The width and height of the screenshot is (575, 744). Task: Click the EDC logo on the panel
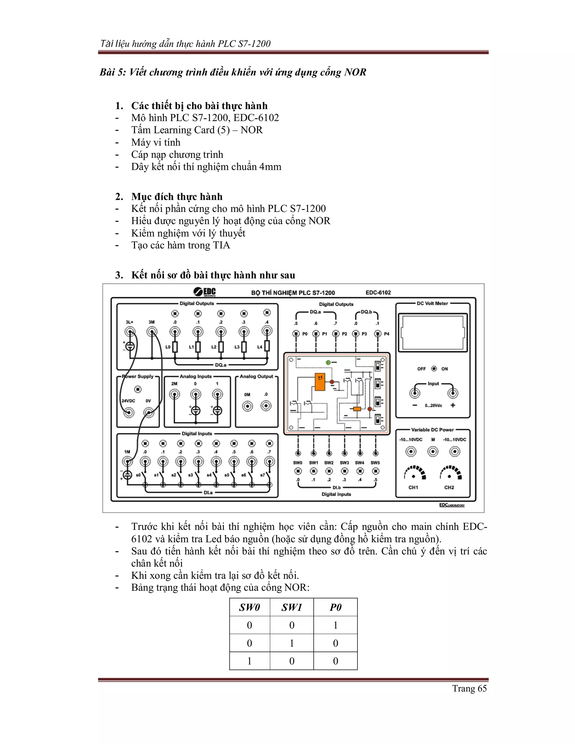[205, 292]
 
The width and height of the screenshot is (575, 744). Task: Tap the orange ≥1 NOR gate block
[320, 382]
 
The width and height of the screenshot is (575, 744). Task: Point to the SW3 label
[344, 463]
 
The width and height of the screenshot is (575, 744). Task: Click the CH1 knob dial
[414, 474]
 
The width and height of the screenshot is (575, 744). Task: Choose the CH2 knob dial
[450, 474]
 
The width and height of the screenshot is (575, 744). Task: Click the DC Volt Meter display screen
[433, 332]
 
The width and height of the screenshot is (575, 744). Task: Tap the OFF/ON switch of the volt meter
[433, 369]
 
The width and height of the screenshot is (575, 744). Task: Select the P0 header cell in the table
[335, 607]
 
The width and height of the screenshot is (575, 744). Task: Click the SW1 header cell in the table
[292, 607]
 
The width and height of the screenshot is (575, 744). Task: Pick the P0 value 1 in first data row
[335, 625]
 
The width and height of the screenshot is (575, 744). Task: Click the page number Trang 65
[469, 688]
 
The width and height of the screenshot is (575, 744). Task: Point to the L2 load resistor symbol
[221, 347]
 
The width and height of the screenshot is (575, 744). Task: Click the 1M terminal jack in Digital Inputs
[127, 462]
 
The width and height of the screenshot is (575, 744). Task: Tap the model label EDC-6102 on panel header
[378, 292]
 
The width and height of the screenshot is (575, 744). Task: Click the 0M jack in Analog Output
[247, 406]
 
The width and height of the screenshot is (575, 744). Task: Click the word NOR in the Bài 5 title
[355, 72]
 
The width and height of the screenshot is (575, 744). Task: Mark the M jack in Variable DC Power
[433, 452]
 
